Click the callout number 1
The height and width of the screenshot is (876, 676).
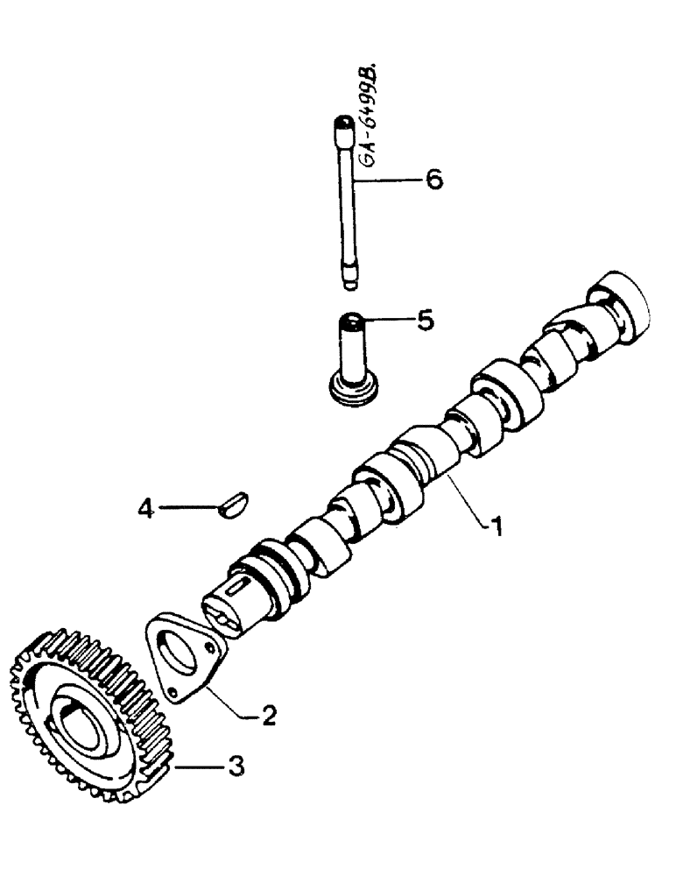495,528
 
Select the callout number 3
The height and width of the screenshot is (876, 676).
234,766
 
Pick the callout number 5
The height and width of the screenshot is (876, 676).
424,321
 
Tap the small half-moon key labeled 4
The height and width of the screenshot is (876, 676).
234,505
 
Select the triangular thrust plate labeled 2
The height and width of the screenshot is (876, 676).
183,658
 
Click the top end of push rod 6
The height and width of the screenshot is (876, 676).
342,127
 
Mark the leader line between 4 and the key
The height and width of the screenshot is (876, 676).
188,506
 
